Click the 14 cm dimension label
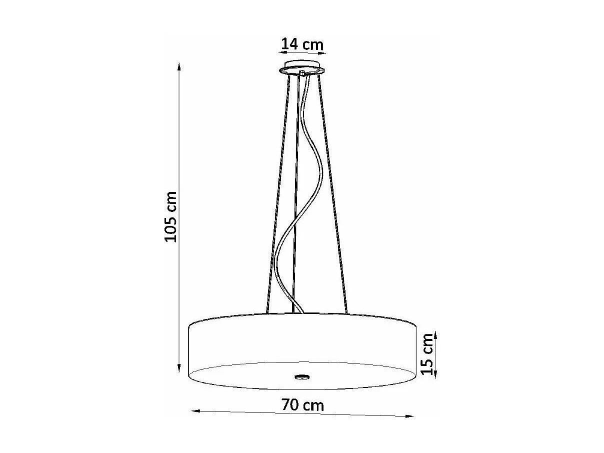[x=302, y=43]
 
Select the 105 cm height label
[x=171, y=216]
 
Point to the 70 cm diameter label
[x=302, y=404]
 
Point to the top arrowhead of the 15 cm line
[x=436, y=334]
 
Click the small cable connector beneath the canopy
[x=302, y=74]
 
